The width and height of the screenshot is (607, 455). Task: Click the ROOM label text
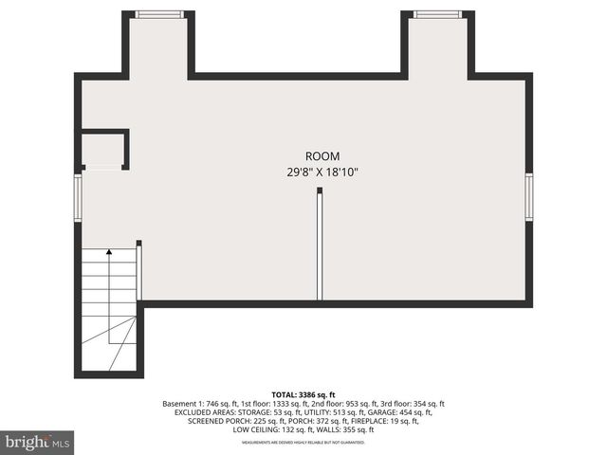click(x=322, y=156)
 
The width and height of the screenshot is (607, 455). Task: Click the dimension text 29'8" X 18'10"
click(x=322, y=173)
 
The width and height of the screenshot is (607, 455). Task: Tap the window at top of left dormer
click(x=158, y=14)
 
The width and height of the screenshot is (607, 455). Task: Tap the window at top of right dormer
click(x=437, y=14)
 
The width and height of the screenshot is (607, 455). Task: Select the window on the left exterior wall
click(x=79, y=197)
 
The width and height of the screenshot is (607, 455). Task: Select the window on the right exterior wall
click(x=528, y=197)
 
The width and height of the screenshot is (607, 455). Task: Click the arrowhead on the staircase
click(x=109, y=252)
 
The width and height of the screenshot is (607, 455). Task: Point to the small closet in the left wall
click(x=102, y=150)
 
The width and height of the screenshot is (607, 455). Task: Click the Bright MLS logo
click(x=38, y=442)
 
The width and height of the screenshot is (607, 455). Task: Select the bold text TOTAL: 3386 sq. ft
click(x=303, y=393)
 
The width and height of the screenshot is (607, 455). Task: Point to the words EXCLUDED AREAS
click(x=206, y=413)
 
